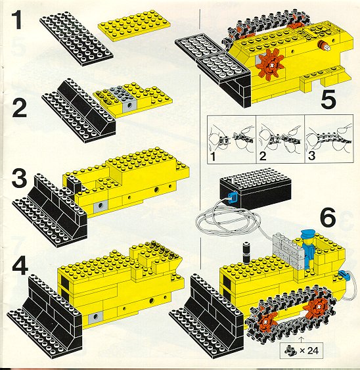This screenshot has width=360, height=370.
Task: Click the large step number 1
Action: tap(16, 21)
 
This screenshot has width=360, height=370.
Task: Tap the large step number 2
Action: tap(19, 108)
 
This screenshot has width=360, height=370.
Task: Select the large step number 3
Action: tap(20, 177)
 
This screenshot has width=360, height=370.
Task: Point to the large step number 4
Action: tap(20, 267)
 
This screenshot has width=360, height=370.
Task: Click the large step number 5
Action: tap(328, 99)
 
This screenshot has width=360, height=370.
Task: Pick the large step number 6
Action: tap(328, 217)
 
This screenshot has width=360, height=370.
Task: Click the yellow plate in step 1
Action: tap(135, 26)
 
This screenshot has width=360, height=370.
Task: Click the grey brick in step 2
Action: tap(127, 99)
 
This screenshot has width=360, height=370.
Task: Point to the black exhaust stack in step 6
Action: tap(246, 253)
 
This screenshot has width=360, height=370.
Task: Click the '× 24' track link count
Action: tap(309, 350)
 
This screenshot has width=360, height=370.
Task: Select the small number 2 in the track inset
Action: tap(263, 156)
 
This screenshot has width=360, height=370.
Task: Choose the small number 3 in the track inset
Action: tap(311, 156)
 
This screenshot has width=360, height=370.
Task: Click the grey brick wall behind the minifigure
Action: tap(287, 250)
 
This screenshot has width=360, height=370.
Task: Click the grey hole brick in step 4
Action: tap(95, 318)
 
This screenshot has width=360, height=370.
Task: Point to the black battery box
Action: tap(255, 192)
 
